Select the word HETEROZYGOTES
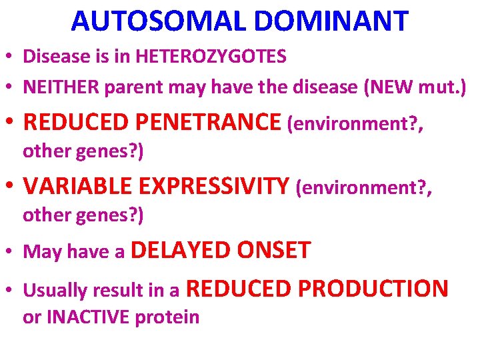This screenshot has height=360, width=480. coord(211,56)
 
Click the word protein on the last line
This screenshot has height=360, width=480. coord(167,317)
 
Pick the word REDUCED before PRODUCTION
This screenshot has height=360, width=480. coord(240,289)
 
